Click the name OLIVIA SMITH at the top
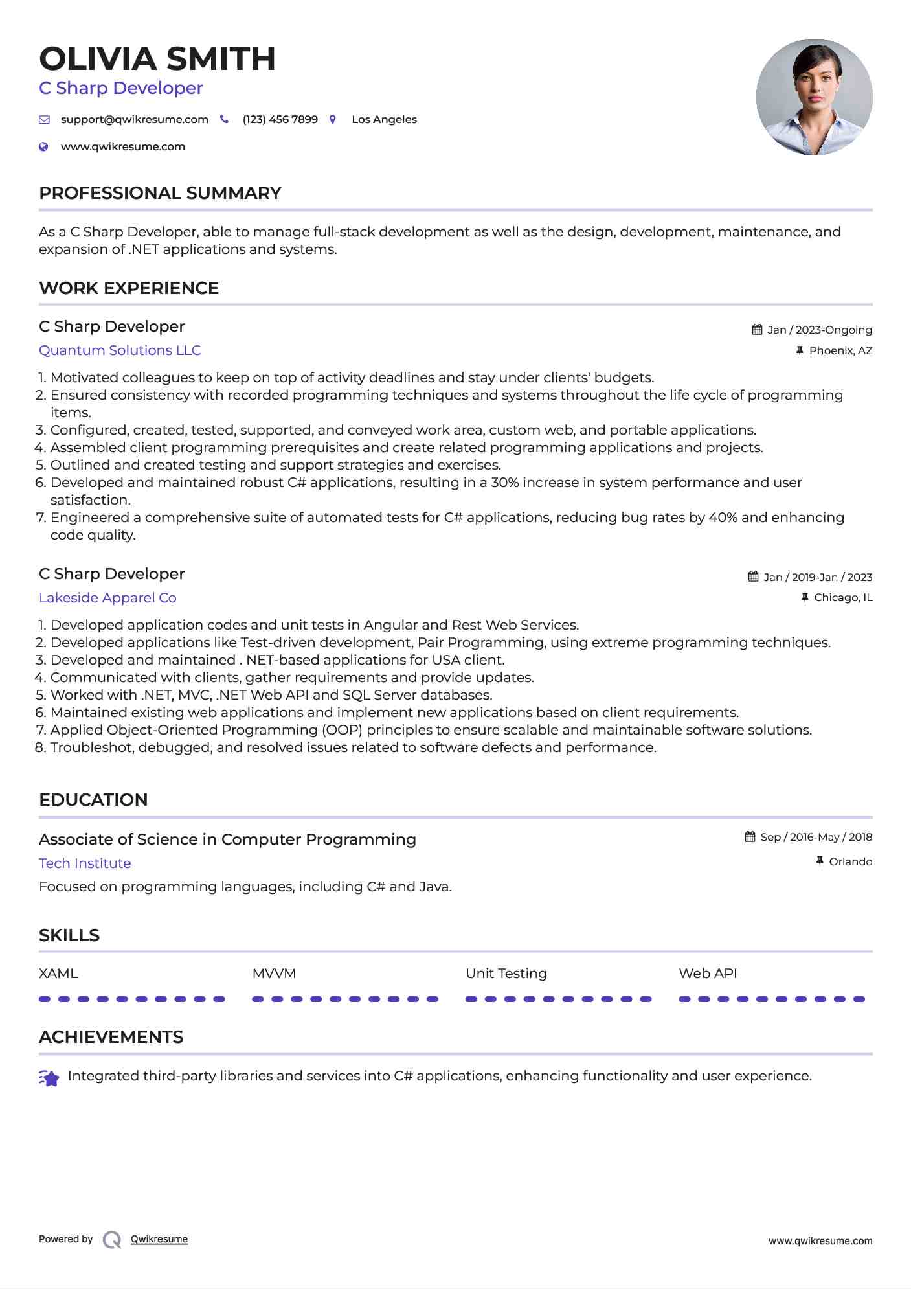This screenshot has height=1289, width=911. (x=157, y=59)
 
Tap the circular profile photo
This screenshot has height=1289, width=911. (x=814, y=97)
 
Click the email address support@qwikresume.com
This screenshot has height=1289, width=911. (x=134, y=120)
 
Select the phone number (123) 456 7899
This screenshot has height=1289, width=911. (x=280, y=120)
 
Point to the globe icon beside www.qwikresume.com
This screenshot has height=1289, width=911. (x=43, y=147)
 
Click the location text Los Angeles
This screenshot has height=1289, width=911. (x=384, y=120)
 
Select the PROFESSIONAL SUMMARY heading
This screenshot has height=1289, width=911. (x=160, y=193)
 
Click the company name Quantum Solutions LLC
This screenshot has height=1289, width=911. (x=120, y=350)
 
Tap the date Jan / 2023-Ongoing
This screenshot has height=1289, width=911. (x=819, y=330)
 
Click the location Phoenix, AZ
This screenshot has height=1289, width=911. (x=840, y=351)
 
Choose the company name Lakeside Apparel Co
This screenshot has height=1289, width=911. (x=107, y=598)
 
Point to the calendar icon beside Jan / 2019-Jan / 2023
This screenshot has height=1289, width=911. (x=753, y=576)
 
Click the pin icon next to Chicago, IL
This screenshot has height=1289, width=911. (x=805, y=598)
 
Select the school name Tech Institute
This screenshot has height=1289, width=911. (x=85, y=863)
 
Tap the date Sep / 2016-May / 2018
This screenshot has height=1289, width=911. (x=816, y=838)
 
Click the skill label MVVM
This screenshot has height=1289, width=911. (x=274, y=974)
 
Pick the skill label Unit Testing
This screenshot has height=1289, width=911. (x=506, y=974)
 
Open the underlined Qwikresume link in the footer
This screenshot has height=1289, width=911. (x=159, y=1239)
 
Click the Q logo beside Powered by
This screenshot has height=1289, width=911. (x=112, y=1240)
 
